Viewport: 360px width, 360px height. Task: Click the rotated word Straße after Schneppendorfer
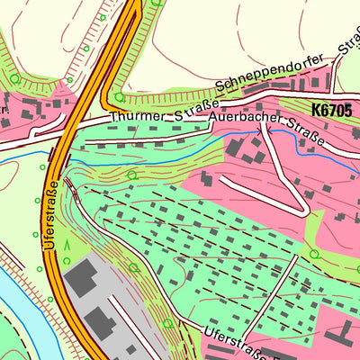coord(346,43)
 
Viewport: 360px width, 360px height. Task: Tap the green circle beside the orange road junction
coord(119,96)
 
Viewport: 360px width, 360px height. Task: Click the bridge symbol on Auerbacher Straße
coord(264,131)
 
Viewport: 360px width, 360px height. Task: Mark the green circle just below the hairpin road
coord(314,254)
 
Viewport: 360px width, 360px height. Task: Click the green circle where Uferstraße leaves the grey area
coord(167,321)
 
